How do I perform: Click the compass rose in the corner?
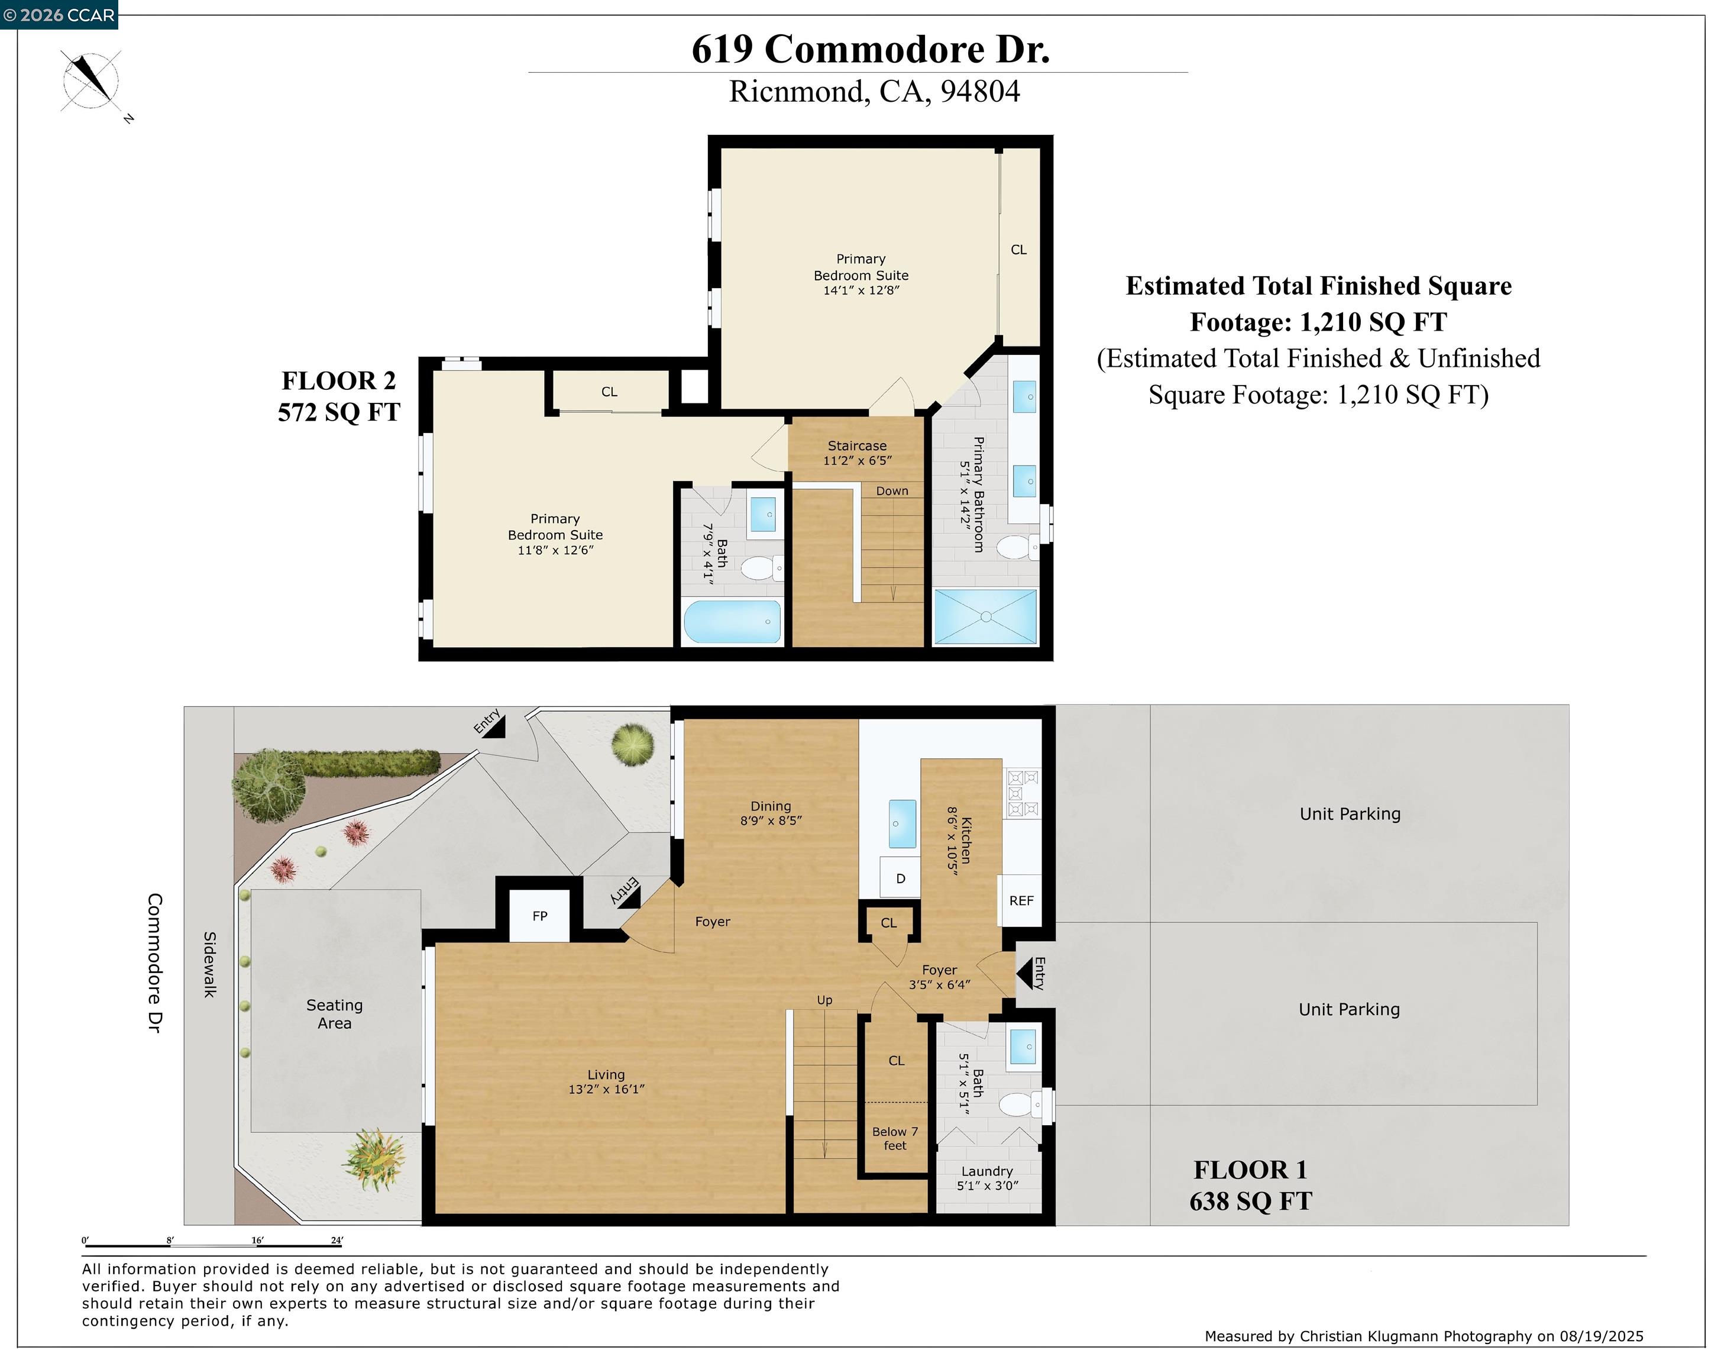point(92,80)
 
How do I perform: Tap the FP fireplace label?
point(540,916)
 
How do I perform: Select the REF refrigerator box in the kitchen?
point(1021,901)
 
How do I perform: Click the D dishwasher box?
point(901,878)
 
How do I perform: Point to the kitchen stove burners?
point(1023,794)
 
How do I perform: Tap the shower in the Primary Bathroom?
point(985,616)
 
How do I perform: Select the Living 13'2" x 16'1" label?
point(606,1082)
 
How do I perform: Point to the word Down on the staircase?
point(892,491)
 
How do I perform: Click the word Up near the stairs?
point(824,1000)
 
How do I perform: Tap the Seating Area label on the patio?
point(334,1015)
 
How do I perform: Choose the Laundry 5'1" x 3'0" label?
point(987,1178)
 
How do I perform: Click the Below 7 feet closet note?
point(895,1139)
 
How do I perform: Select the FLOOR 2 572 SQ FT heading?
point(339,396)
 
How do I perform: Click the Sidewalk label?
point(209,964)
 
